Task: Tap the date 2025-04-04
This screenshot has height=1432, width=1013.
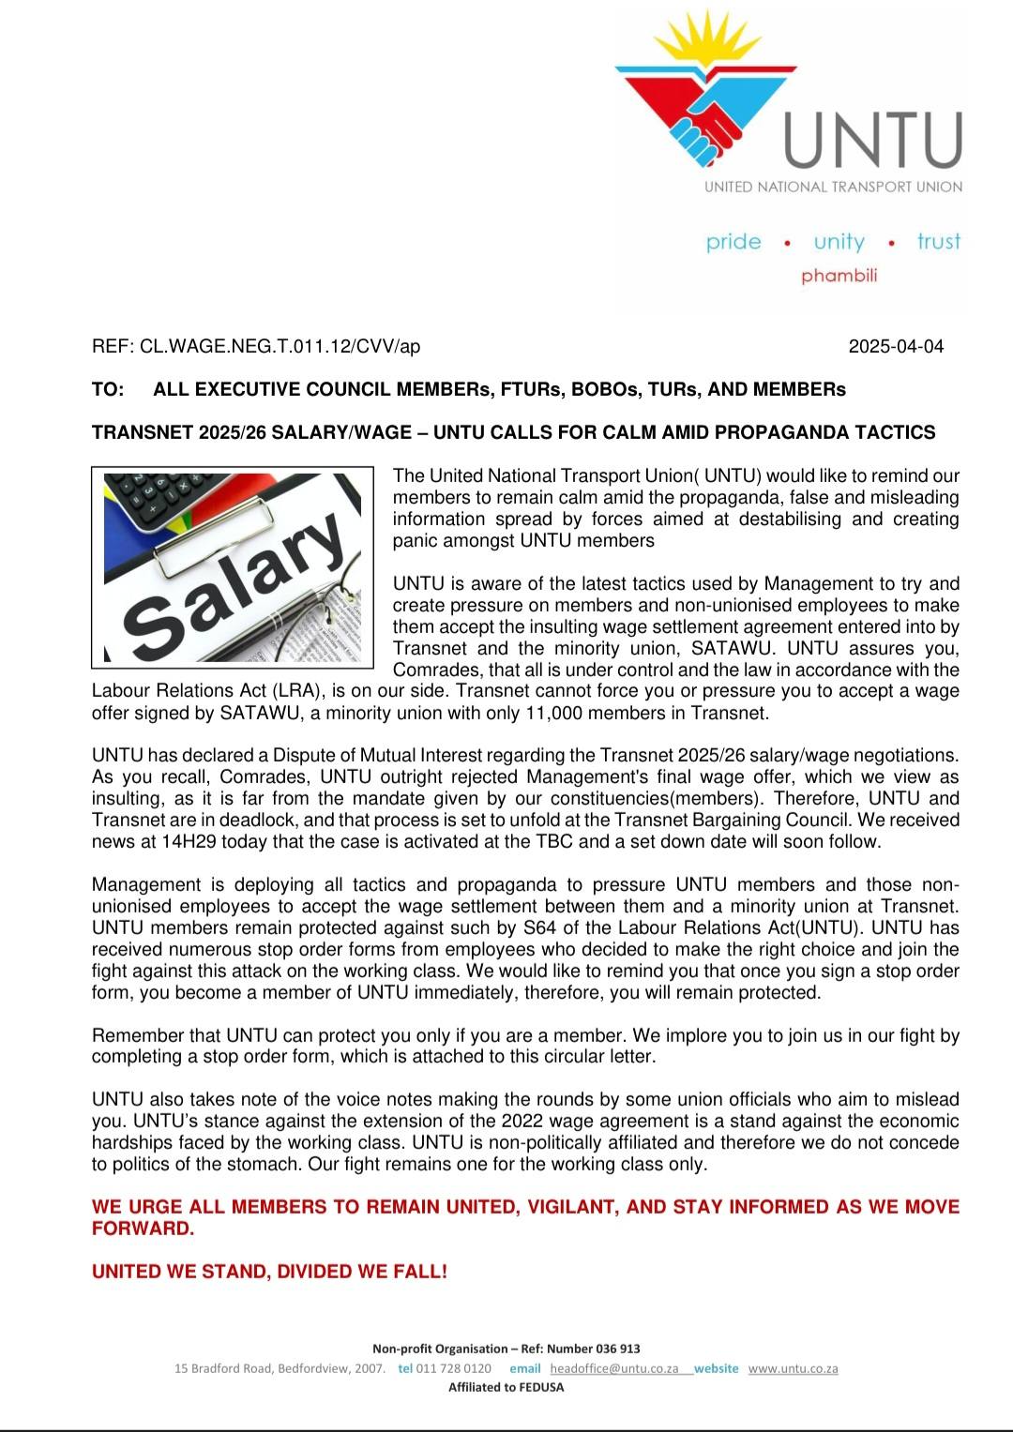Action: [x=896, y=346]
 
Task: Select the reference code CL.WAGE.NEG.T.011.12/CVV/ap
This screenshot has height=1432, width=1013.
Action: [x=280, y=346]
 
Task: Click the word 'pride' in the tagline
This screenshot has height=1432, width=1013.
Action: [x=733, y=242]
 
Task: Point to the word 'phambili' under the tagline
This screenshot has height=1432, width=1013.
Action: [x=839, y=276]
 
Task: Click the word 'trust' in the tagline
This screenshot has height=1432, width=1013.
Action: [x=939, y=242]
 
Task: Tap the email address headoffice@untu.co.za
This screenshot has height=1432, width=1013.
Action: [x=613, y=1368]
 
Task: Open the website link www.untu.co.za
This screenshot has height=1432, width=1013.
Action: [x=793, y=1368]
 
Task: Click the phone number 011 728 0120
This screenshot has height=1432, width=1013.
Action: [x=453, y=1368]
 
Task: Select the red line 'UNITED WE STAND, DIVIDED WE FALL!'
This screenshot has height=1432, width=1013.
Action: [x=269, y=1272]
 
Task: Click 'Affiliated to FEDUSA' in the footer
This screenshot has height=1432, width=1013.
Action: [x=506, y=1387]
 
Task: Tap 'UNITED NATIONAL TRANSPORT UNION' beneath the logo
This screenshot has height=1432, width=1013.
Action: [x=833, y=187]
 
